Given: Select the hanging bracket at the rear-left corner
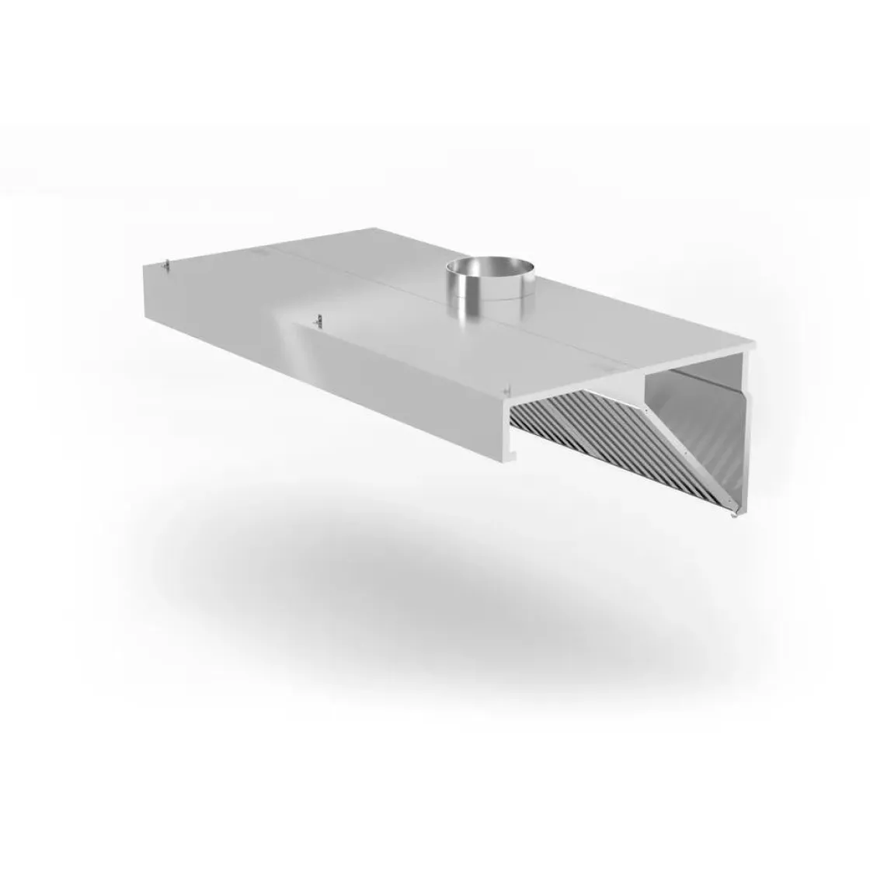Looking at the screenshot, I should [x=165, y=266].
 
